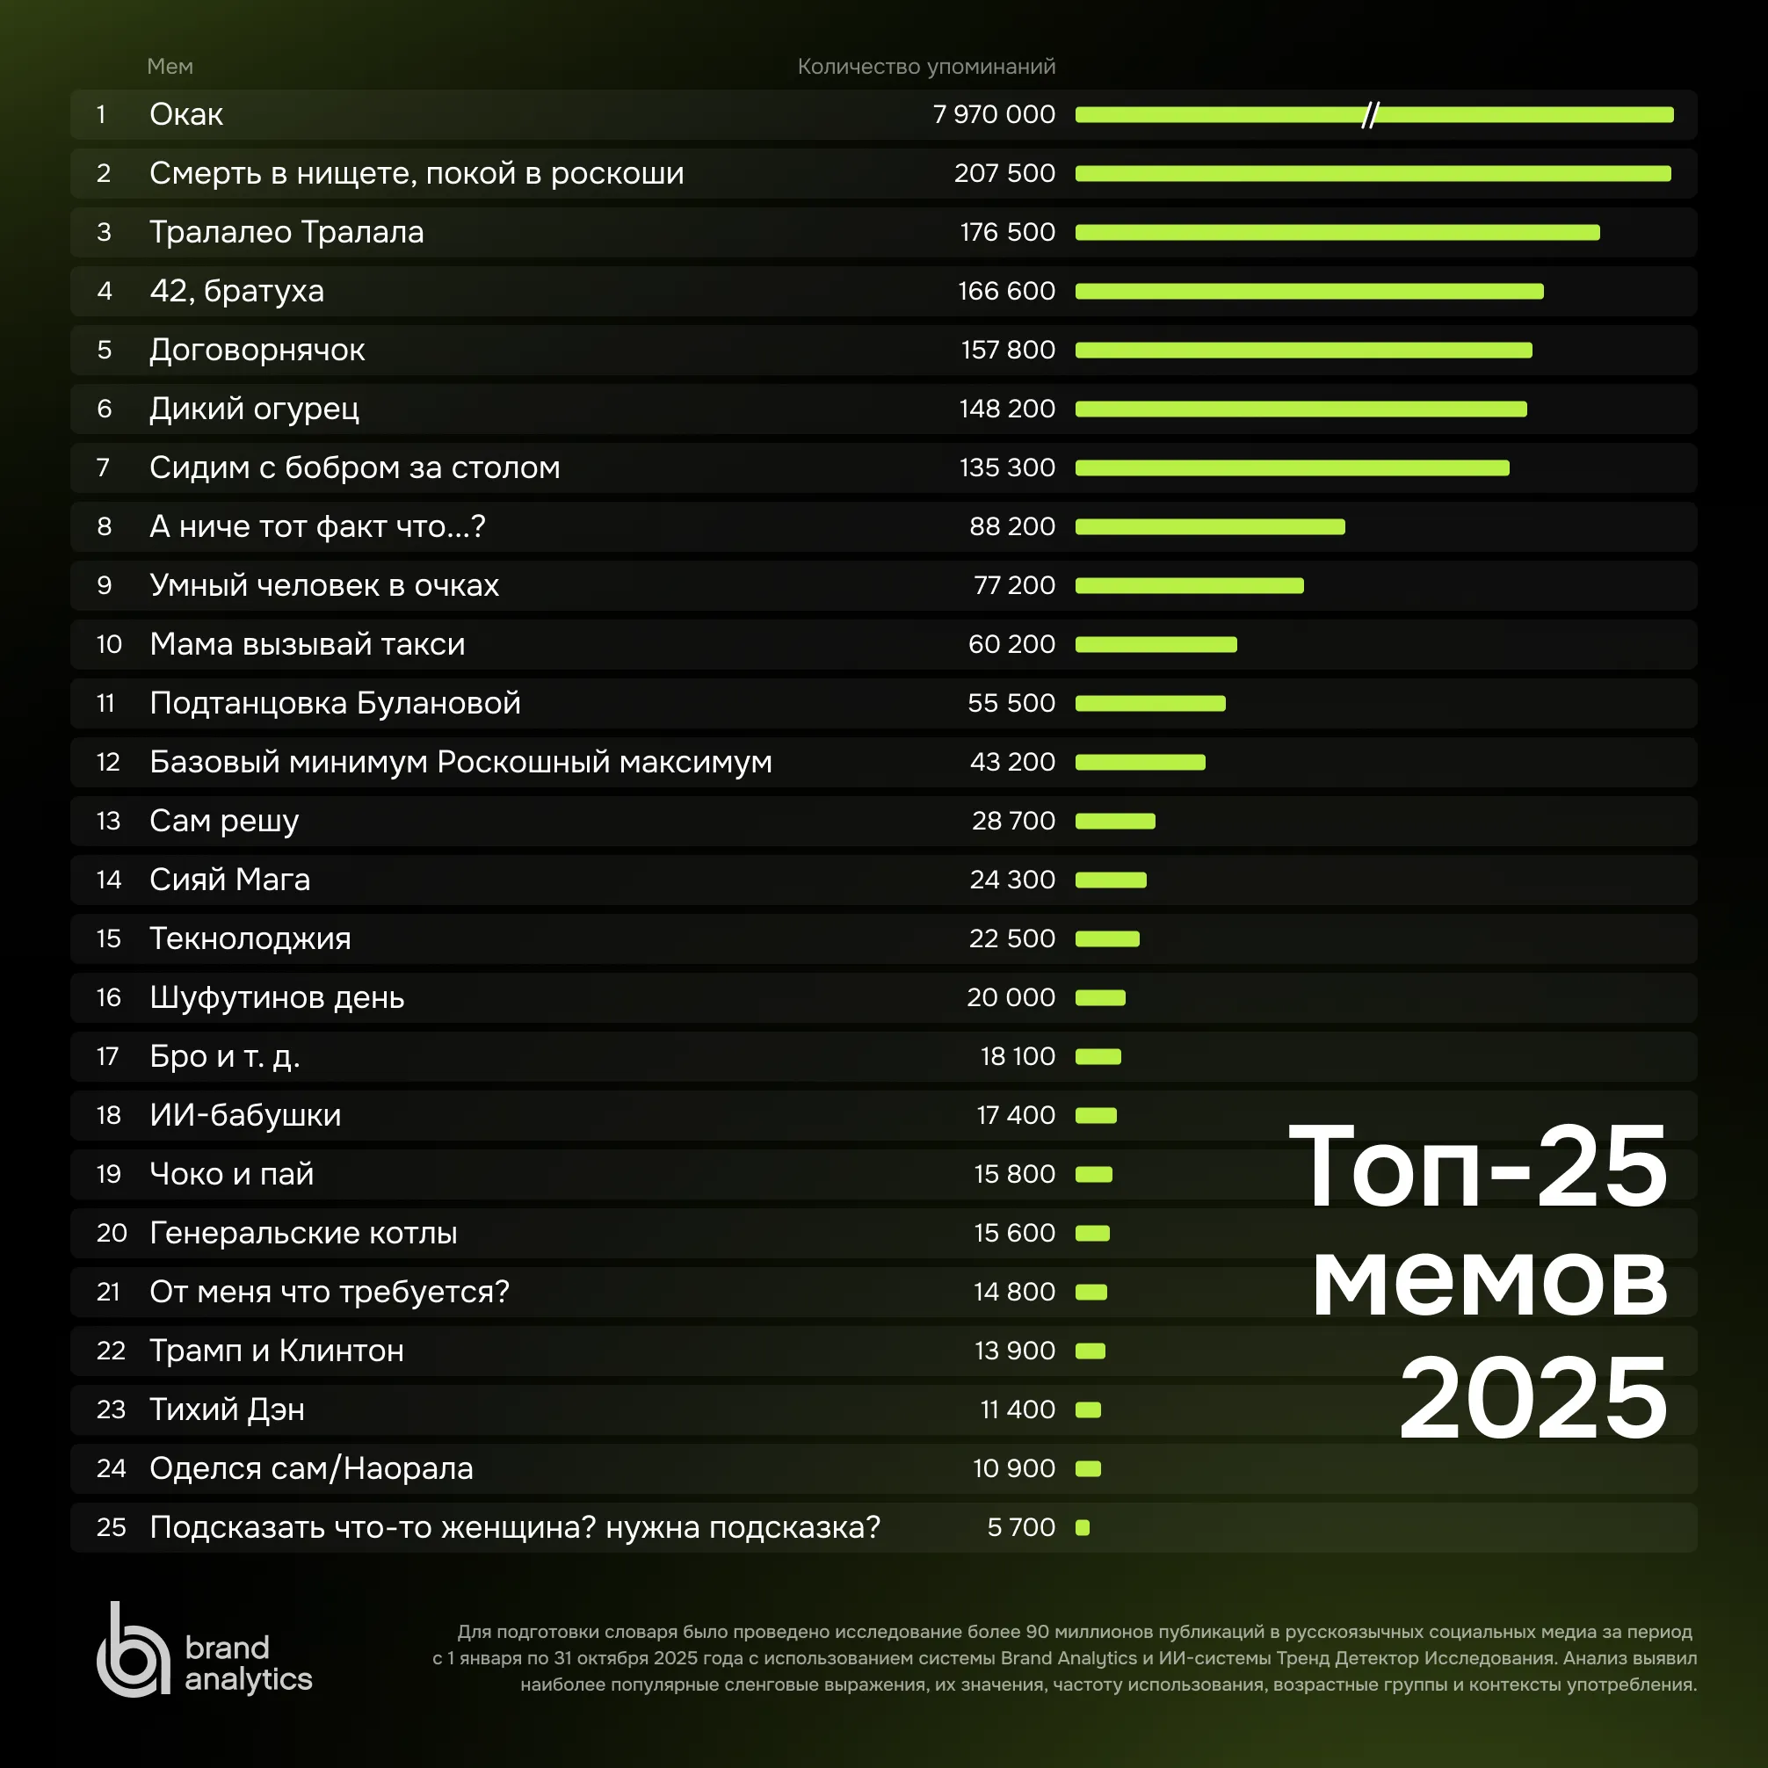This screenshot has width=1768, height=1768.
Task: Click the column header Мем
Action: (x=170, y=67)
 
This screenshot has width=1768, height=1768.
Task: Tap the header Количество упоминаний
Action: (x=926, y=67)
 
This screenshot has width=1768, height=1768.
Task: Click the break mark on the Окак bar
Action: (x=1369, y=115)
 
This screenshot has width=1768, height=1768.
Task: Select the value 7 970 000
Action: (x=994, y=114)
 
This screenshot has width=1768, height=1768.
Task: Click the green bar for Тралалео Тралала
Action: (x=1337, y=233)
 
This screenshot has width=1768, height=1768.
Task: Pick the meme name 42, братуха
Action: (x=236, y=291)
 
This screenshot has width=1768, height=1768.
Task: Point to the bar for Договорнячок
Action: (x=1303, y=351)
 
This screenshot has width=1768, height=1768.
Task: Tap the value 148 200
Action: (x=1007, y=409)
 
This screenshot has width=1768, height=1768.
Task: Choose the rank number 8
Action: (x=105, y=527)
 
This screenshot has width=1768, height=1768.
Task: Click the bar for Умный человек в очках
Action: (x=1189, y=586)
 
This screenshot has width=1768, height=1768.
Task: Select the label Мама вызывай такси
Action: (x=308, y=644)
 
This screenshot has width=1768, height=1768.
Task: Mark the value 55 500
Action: (x=1011, y=704)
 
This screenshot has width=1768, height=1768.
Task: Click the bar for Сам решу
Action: (x=1114, y=821)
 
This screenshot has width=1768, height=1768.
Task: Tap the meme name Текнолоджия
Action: (x=250, y=938)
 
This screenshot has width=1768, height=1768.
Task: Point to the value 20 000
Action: (x=1011, y=997)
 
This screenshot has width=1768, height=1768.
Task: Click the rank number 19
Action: (x=109, y=1174)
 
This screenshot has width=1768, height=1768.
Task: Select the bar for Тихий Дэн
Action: (x=1088, y=1410)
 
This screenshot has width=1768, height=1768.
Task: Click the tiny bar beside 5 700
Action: (x=1083, y=1527)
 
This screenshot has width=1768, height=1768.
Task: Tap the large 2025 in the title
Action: (x=1533, y=1397)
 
